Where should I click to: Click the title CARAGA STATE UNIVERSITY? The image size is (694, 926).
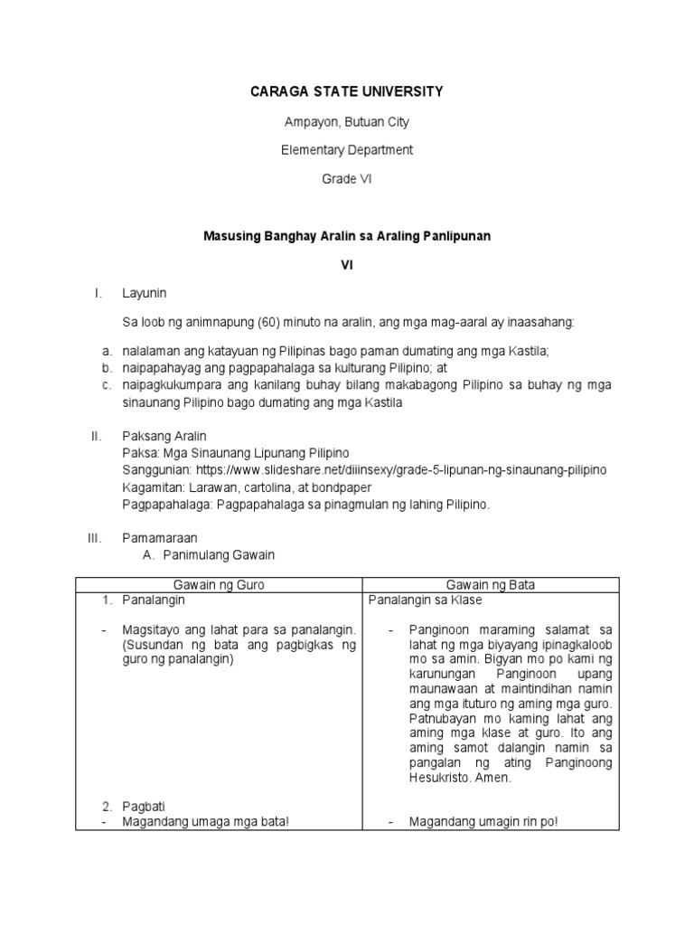coord(346,91)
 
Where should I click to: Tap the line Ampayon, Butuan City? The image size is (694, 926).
coord(346,121)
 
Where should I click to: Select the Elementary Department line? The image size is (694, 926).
coord(346,150)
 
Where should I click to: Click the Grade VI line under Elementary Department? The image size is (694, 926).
coord(346,179)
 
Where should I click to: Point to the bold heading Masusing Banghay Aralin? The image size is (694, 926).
coord(346,235)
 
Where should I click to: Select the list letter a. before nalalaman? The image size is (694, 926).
coord(107,351)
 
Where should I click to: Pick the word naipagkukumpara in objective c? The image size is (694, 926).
coord(167,385)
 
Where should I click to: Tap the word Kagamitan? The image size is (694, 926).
coord(151,487)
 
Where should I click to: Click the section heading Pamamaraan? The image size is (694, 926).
coord(160,538)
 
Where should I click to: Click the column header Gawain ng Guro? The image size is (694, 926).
coord(218,585)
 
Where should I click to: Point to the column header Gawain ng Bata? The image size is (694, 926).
coord(491,585)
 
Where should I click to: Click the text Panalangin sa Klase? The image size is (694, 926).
coord(425,600)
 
